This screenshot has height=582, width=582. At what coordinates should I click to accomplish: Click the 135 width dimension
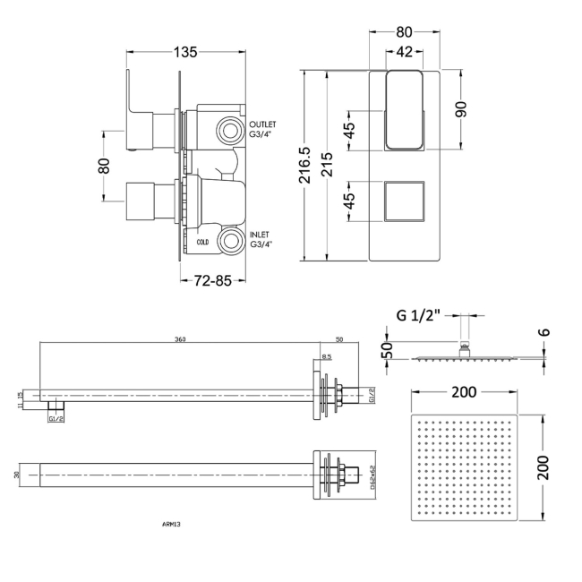coord(185,52)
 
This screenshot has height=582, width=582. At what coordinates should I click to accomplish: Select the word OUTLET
coord(263,124)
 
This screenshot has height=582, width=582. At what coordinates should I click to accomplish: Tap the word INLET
coord(260,234)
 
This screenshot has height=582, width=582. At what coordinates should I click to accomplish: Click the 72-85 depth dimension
coord(213,280)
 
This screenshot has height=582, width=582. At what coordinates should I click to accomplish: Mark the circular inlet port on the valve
coord(233,240)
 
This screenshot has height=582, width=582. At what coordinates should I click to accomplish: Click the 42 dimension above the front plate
coord(404,52)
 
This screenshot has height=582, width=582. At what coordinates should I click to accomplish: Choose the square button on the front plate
coord(403,199)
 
